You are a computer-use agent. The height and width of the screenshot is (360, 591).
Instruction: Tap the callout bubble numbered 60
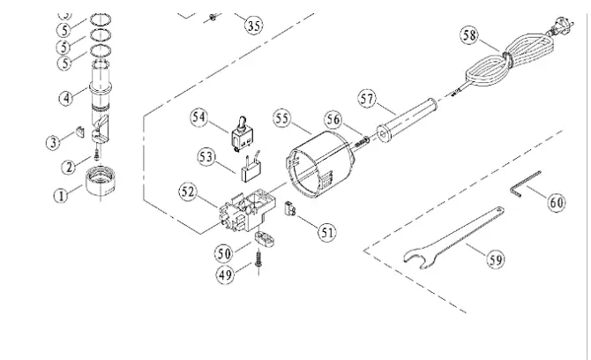pos(557,202)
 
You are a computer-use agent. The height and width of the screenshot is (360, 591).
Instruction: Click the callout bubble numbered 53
pos(206,156)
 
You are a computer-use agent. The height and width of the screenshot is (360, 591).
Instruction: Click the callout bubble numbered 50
pos(225,252)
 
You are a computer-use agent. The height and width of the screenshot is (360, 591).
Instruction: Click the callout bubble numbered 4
pos(66,99)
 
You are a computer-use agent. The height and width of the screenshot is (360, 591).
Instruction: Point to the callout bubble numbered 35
pos(253,25)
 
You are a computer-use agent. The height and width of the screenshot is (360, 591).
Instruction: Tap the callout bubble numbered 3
pos(54,141)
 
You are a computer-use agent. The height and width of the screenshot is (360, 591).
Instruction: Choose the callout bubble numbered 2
pos(69,165)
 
